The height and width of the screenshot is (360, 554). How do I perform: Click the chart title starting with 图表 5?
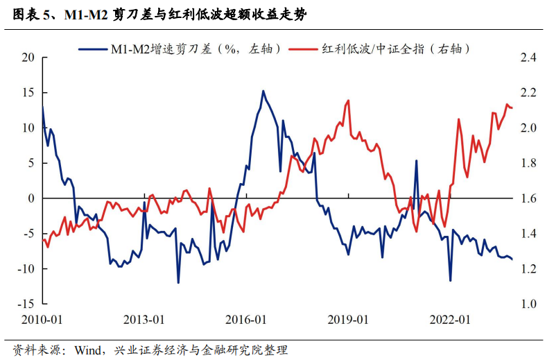(x=159, y=15)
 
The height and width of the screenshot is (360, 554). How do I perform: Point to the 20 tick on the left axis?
(x=28, y=58)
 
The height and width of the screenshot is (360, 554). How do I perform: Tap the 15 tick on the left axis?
(x=28, y=93)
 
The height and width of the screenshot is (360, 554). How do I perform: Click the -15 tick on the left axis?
(x=26, y=304)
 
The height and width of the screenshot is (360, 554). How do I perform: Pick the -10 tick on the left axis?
(x=26, y=268)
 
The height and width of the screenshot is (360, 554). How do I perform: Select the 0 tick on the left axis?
(x=31, y=198)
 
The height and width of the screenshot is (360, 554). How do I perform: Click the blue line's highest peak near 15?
(x=263, y=91)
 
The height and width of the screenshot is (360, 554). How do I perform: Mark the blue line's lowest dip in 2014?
(x=178, y=282)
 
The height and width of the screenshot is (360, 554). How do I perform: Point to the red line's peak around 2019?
(x=347, y=101)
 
